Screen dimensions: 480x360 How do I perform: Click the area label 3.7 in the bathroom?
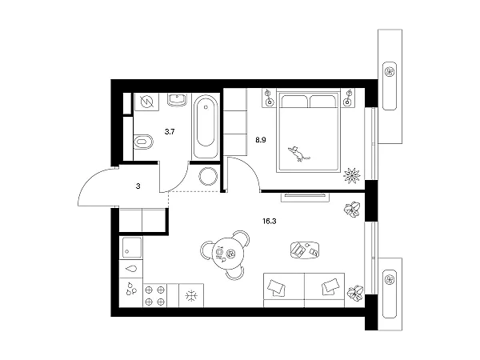[170, 132]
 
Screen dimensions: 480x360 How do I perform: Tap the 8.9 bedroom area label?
[261, 140]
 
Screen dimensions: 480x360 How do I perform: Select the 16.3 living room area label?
[270, 221]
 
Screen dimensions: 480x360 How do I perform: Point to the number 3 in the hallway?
[138, 186]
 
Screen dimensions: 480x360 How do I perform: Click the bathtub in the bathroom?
[206, 126]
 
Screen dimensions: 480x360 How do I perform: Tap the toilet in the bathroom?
[143, 142]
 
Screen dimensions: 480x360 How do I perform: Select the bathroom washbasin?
[177, 99]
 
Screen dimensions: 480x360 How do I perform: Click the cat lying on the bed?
[298, 154]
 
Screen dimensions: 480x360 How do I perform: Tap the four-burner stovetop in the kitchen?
[155, 295]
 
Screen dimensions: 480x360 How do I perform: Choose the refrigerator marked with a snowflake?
[191, 295]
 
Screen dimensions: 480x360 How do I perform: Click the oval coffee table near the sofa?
[305, 250]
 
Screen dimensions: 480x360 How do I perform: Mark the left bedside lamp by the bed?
[269, 98]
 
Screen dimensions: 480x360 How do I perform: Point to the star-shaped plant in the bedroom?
[352, 175]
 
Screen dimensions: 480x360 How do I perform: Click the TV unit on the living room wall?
[305, 197]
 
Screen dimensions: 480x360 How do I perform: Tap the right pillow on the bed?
[322, 102]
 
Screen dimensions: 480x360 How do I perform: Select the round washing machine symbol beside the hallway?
[208, 176]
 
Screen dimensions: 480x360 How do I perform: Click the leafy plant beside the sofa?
[355, 292]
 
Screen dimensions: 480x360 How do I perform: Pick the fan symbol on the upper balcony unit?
[390, 72]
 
